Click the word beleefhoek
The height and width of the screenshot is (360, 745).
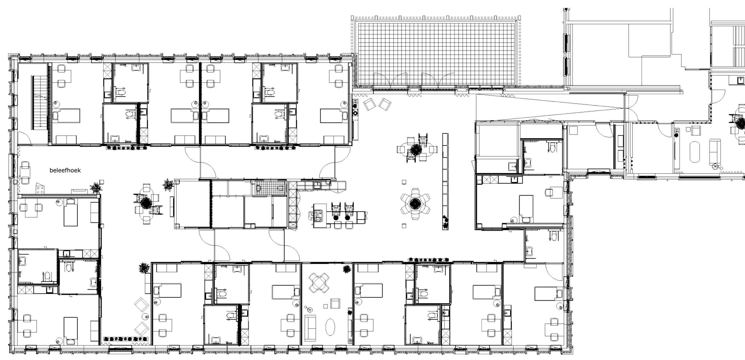tap(65, 171)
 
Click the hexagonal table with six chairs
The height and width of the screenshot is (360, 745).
tap(415, 203)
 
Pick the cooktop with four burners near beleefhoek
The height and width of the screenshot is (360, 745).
tap(40, 189)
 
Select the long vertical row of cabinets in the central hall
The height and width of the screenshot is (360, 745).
tap(445, 181)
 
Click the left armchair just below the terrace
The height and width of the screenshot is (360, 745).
tap(370, 104)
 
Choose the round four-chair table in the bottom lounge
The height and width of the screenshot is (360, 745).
tap(319, 283)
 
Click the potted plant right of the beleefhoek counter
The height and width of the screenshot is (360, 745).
tap(95, 188)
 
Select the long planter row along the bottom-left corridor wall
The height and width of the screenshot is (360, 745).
tap(126, 339)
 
